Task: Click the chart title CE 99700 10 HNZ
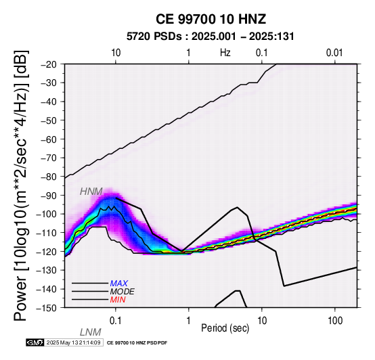[x=211, y=19]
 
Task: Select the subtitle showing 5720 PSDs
[x=211, y=37]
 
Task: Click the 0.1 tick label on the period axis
[x=116, y=321]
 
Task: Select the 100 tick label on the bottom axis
[x=335, y=321]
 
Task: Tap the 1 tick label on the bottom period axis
[x=189, y=321]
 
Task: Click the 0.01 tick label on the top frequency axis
[x=334, y=53]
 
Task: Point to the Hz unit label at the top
[x=225, y=53]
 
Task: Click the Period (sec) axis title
[x=225, y=328]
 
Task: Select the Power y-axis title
[x=21, y=185]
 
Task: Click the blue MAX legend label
[x=119, y=284]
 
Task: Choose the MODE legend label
[x=123, y=292]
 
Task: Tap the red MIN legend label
[x=118, y=300]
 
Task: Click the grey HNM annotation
[x=91, y=192]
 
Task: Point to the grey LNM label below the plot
[x=91, y=332]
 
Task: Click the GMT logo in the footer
[x=35, y=342]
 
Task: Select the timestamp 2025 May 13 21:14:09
[x=73, y=342]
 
